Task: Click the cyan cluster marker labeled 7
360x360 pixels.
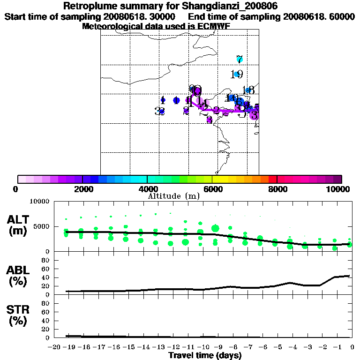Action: pyautogui.click(x=239, y=59)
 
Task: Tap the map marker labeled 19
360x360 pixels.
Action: pyautogui.click(x=237, y=74)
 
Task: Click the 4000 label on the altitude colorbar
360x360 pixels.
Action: pyautogui.click(x=147, y=189)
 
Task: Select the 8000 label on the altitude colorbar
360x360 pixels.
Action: pyautogui.click(x=277, y=189)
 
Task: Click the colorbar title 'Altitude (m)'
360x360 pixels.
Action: pyautogui.click(x=173, y=196)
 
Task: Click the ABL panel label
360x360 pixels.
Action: pyautogui.click(x=19, y=276)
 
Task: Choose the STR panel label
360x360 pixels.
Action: pyautogui.click(x=19, y=315)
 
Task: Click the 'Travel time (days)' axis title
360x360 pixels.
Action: pyautogui.click(x=205, y=355)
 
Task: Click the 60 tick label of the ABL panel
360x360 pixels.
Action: pyautogui.click(x=46, y=269)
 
